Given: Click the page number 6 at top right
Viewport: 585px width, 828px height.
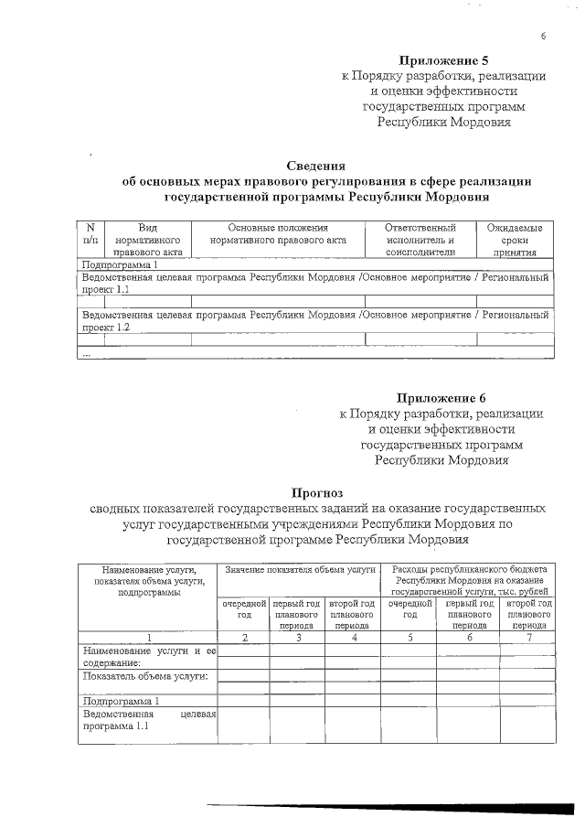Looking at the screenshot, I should click(x=543, y=36).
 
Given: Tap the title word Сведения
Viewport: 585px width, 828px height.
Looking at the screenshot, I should click(x=315, y=166).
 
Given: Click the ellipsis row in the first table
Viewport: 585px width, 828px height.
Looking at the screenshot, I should click(x=87, y=353).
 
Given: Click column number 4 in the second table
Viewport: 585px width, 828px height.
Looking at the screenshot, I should click(x=353, y=637).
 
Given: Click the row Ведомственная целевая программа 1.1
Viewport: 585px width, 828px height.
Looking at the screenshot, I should click(x=147, y=720).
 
